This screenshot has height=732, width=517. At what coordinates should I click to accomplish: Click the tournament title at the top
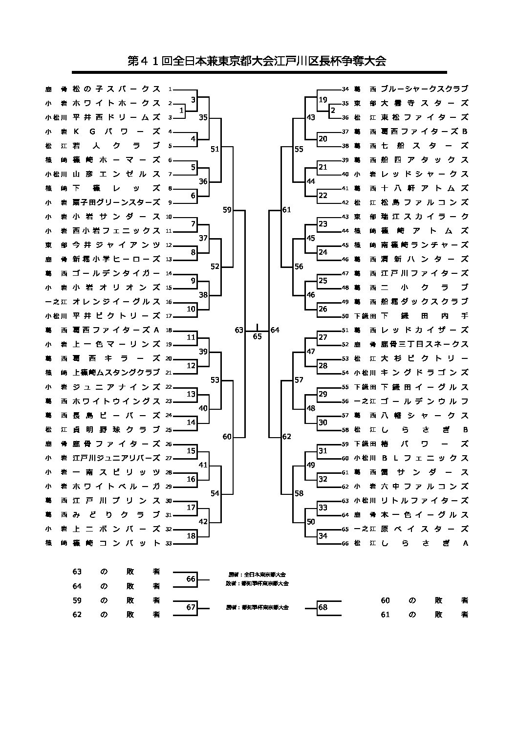pos(257,61)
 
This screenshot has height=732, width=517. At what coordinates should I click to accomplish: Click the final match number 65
pos(257,336)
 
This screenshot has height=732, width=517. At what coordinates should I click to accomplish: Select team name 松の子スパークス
pos(116,89)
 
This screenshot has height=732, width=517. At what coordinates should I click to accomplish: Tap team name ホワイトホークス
pos(116,103)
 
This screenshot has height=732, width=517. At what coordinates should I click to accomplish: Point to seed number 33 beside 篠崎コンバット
pos(170,543)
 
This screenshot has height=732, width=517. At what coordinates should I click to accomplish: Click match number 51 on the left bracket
pos(215,149)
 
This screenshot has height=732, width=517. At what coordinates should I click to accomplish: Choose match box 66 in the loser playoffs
pos(191,579)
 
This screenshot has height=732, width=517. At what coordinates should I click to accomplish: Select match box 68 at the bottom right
pos(323,607)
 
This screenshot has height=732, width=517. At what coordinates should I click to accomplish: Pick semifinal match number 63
pos(239,330)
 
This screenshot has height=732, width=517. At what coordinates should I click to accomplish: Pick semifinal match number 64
pos(275,330)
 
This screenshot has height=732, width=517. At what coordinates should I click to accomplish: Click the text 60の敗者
pos(424,600)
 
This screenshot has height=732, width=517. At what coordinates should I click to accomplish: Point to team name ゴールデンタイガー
pos(116,273)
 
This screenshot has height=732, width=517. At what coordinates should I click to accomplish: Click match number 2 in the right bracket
pos(333,110)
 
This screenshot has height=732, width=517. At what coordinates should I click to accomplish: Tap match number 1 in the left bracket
pos(181,111)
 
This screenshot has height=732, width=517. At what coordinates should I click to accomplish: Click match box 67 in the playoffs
pos(191,607)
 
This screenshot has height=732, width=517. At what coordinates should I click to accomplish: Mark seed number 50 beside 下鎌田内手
pos(345,316)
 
